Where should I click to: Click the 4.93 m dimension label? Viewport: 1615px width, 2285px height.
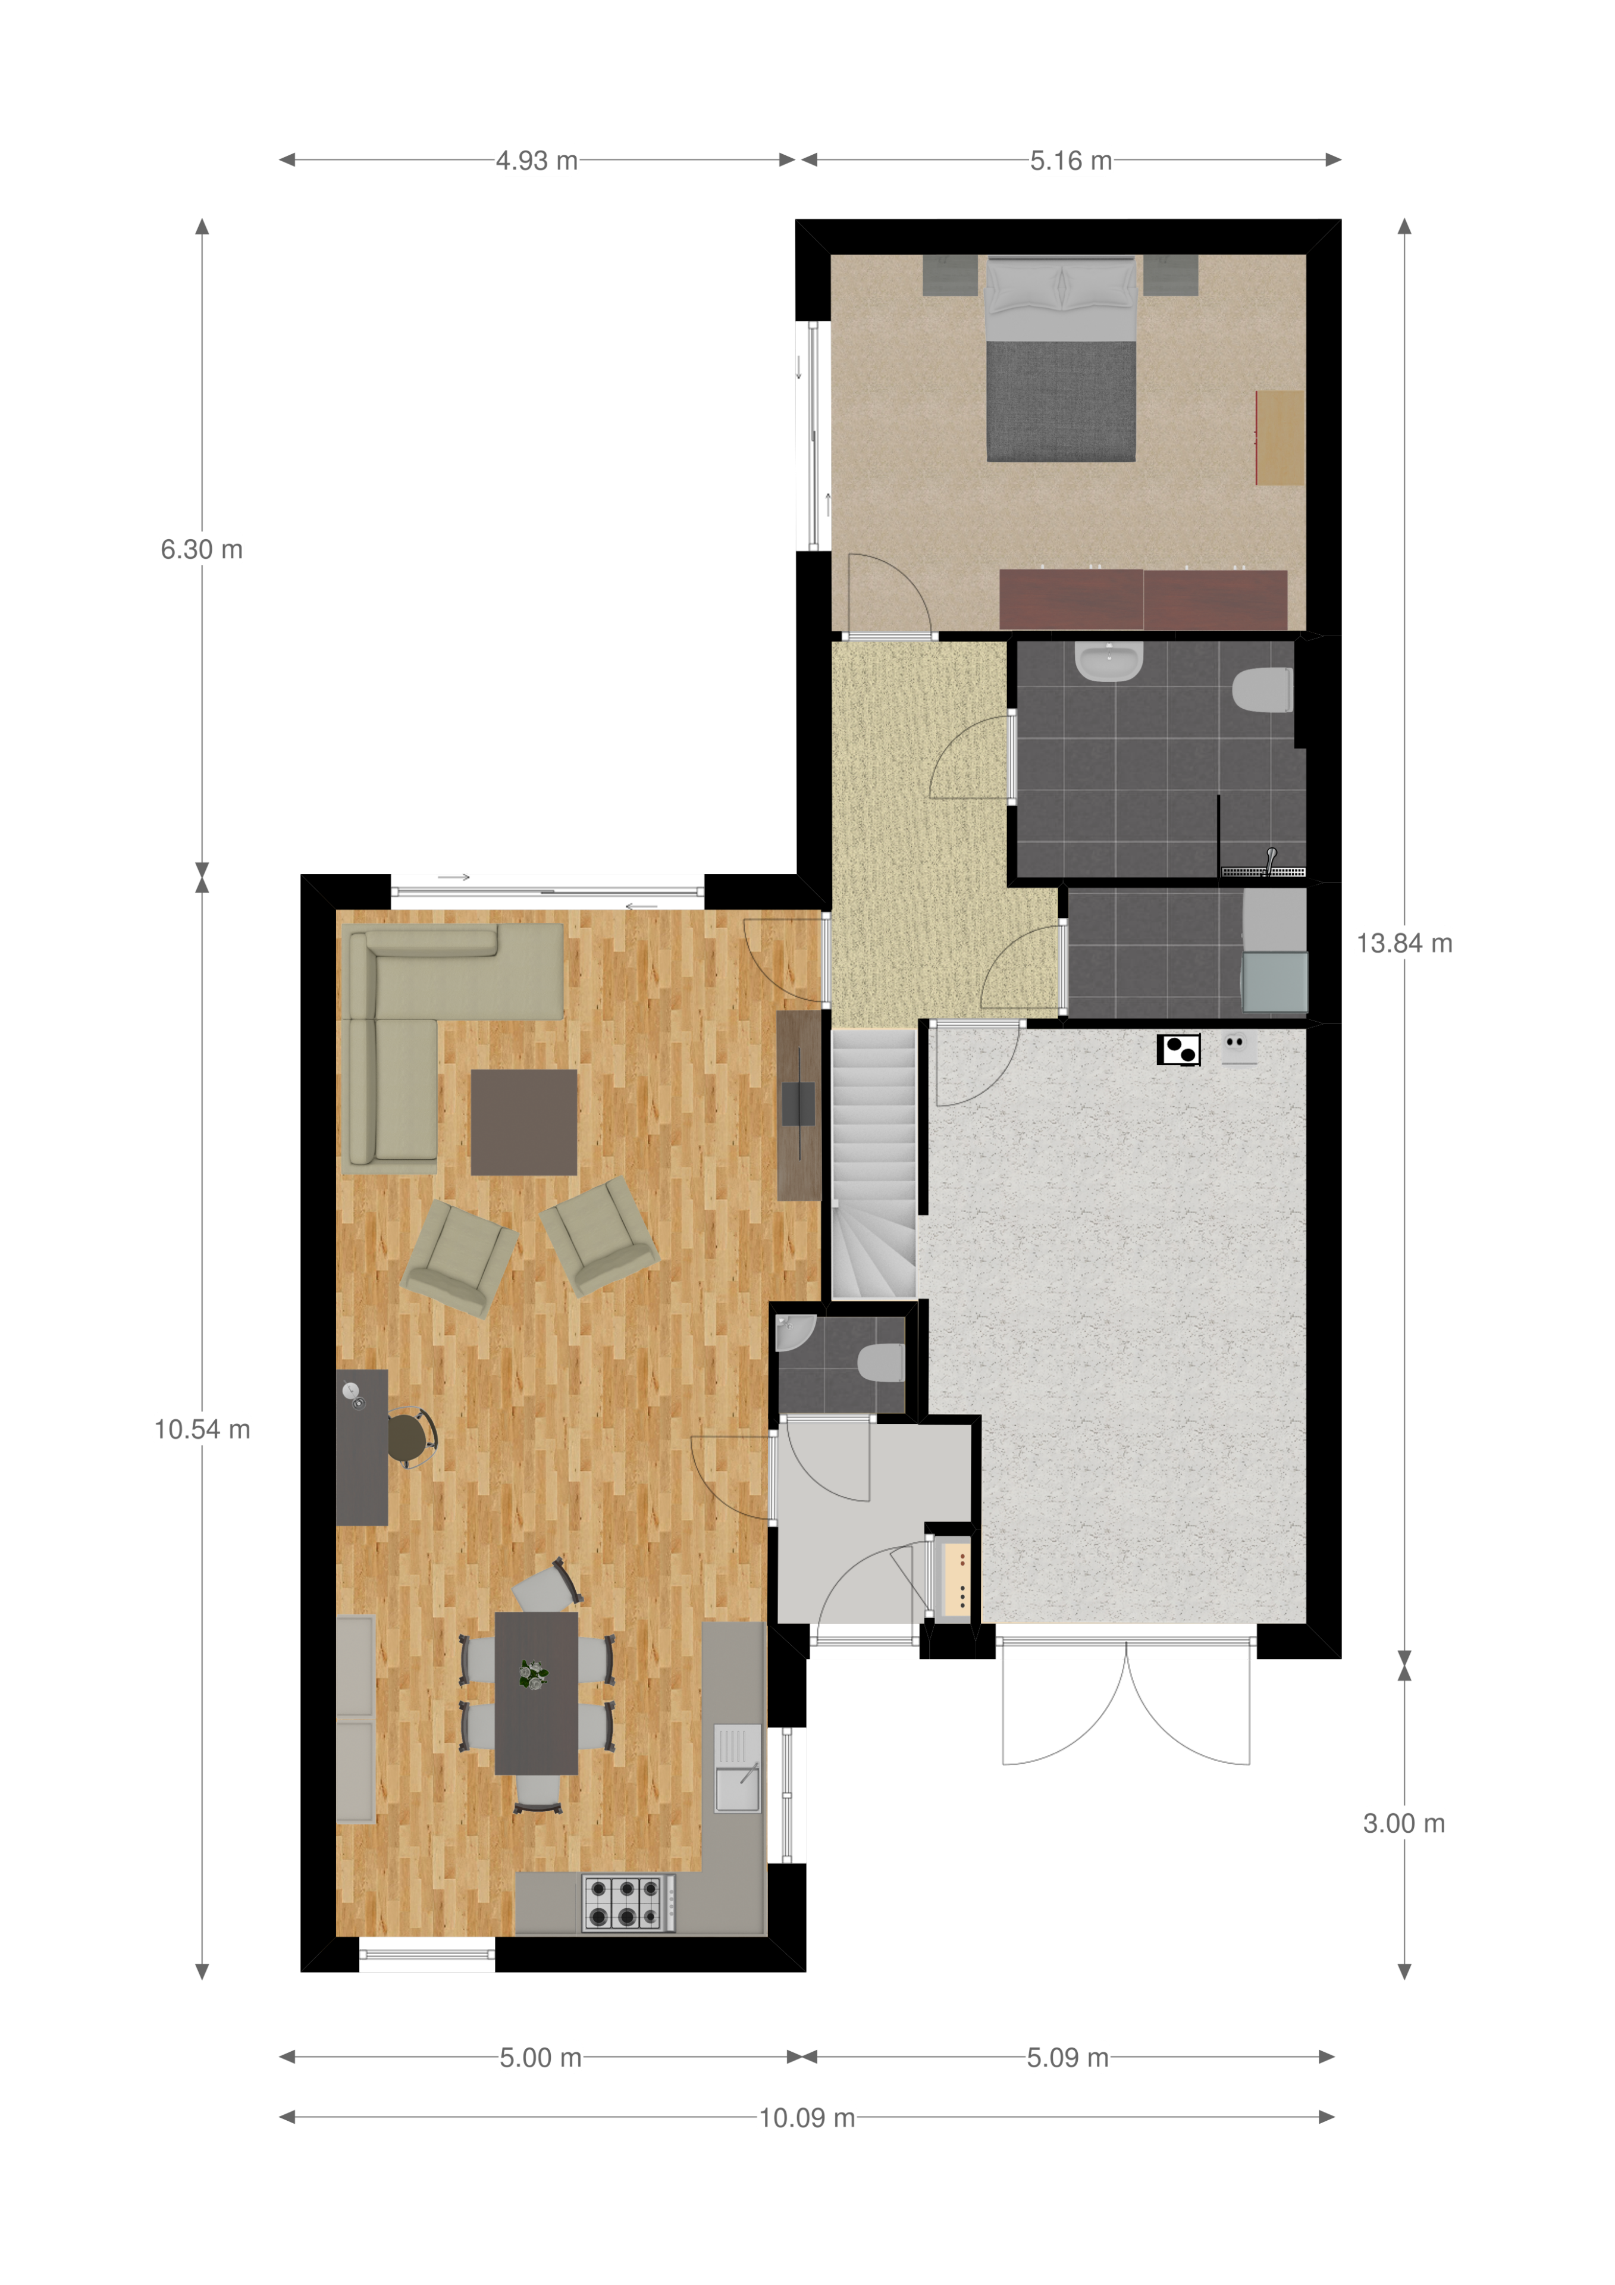[537, 160]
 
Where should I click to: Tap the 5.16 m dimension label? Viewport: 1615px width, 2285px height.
[1071, 160]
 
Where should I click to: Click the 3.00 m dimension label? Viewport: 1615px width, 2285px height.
[1403, 1823]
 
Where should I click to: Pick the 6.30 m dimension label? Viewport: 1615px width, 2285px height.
[202, 549]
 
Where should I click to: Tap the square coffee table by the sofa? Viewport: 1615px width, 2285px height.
[523, 1123]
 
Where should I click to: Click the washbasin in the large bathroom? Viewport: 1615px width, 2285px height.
[1109, 662]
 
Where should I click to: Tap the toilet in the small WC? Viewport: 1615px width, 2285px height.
[880, 1363]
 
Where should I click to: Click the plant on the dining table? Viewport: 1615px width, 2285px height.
[534, 1674]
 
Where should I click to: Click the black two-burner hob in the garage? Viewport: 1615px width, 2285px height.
[1179, 1050]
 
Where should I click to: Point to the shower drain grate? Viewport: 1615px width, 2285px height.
[1263, 872]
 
